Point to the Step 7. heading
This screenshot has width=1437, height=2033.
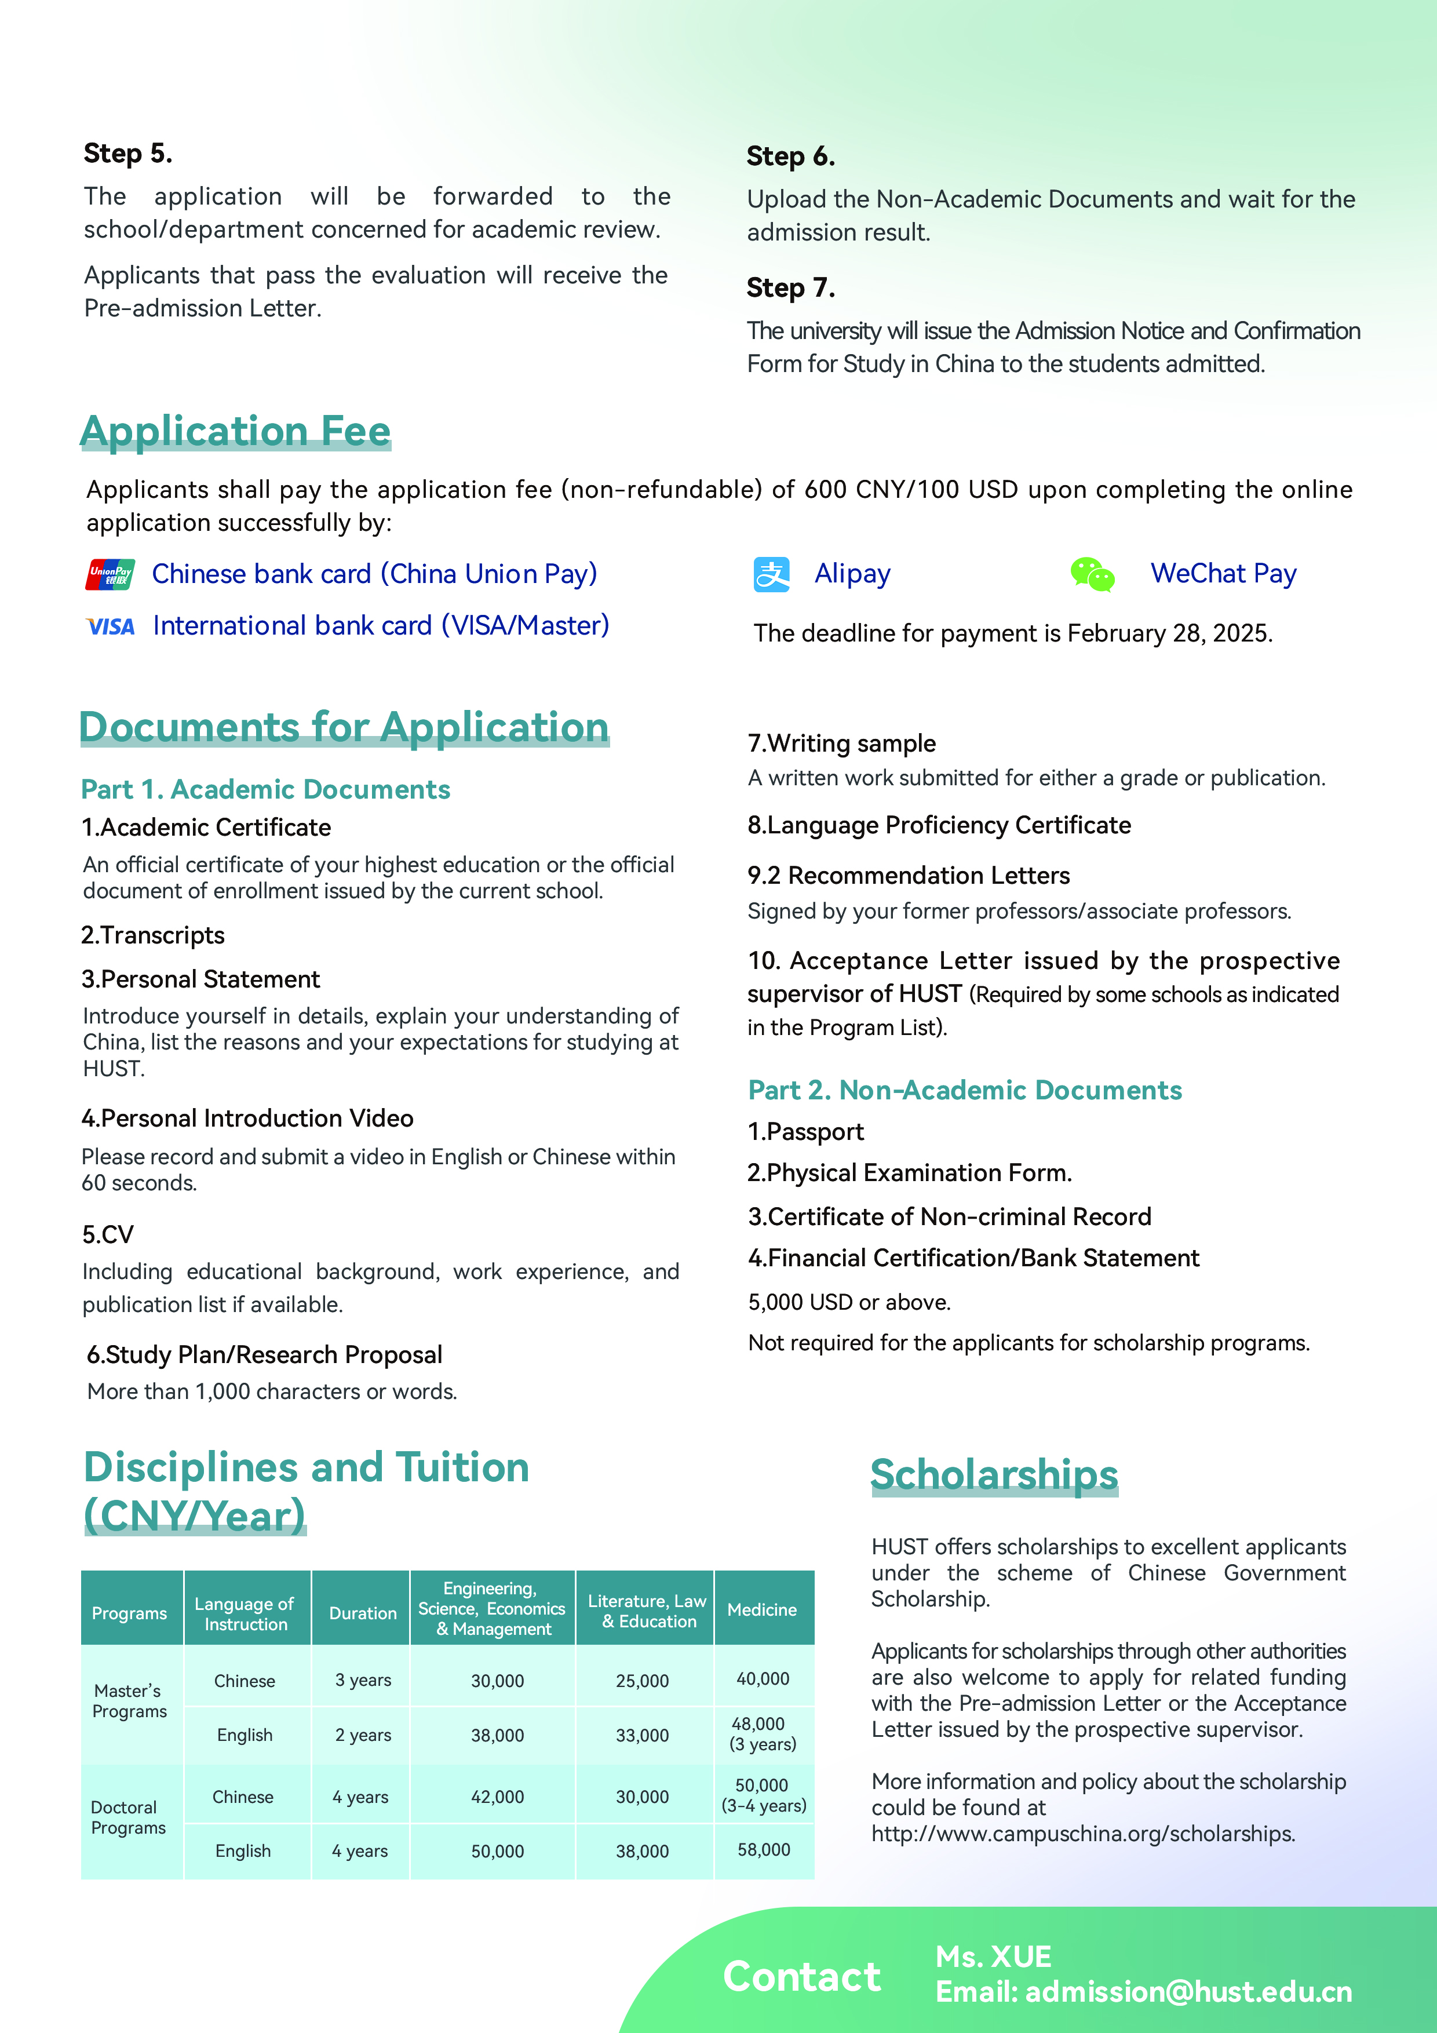coord(790,288)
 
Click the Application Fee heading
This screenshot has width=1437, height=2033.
coord(235,431)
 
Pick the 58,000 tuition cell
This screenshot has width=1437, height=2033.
coord(763,1850)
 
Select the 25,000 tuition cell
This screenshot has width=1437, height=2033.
coord(642,1681)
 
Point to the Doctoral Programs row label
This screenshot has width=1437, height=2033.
coord(129,1817)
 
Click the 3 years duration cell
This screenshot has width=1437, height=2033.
coord(362,1679)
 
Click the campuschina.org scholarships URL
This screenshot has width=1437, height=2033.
coord(1083,1833)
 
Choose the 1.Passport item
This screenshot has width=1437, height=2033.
coord(805,1132)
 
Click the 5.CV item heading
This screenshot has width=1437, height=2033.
coord(108,1234)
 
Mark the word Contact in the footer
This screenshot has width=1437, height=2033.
coord(801,1976)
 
